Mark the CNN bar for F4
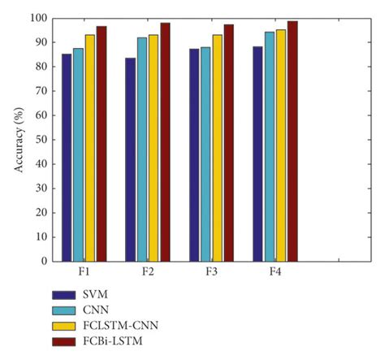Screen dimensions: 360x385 pyautogui.click(x=269, y=146)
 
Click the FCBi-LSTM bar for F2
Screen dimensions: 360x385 pyautogui.click(x=165, y=142)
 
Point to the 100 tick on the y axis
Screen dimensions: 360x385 pyautogui.click(x=37, y=18)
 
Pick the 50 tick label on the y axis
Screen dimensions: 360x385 pyautogui.click(x=40, y=140)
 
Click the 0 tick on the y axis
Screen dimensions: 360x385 pyautogui.click(x=43, y=262)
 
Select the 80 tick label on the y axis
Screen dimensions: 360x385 pyautogui.click(x=40, y=67)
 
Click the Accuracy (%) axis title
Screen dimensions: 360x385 pyautogui.click(x=19, y=138)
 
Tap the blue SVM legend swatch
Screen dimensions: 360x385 pyautogui.click(x=64, y=295)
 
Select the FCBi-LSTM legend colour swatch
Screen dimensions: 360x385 pyautogui.click(x=64, y=341)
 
